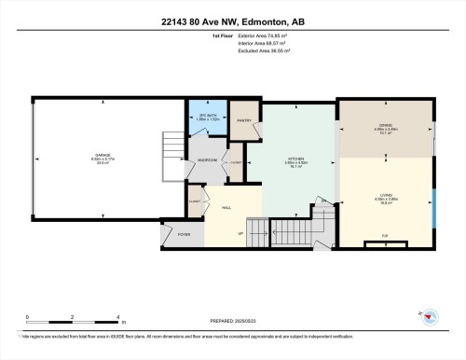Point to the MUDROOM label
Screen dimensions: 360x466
207,160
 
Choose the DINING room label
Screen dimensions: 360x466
385,129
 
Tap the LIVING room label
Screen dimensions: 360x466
385,197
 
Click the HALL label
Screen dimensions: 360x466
225,207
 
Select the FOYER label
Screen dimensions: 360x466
185,234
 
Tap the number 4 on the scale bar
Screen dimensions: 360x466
117,317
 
